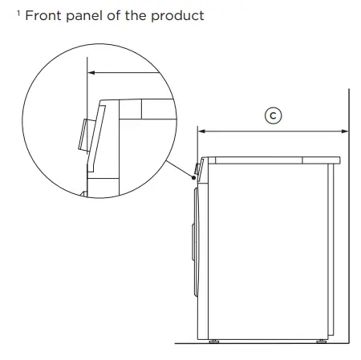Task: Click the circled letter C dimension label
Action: [273, 116]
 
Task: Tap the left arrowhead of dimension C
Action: [201, 130]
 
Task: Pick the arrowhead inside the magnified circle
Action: [91, 72]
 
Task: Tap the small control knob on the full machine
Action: [197, 170]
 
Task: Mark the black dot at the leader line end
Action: [194, 180]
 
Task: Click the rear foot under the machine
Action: [321, 340]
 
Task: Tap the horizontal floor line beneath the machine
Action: [265, 343]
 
